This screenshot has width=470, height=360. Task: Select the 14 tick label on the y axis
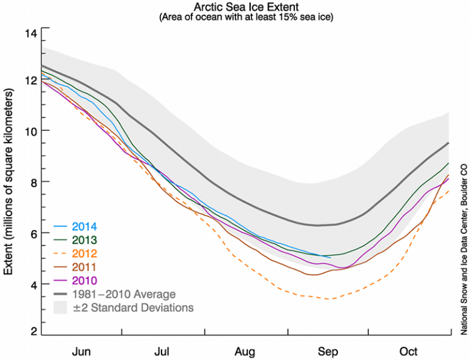click(30, 32)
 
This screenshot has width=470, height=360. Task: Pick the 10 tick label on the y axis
click(30, 130)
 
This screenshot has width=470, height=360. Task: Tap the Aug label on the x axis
click(245, 351)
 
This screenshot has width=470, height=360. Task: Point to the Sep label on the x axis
click(328, 351)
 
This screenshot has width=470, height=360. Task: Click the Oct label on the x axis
click(409, 351)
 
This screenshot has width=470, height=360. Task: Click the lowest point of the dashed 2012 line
click(330, 299)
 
